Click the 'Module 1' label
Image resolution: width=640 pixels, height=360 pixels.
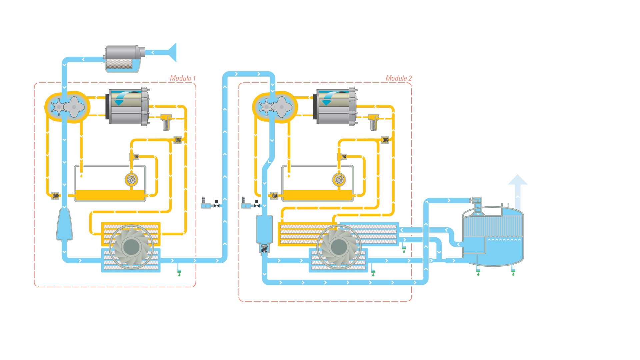(x=183, y=78)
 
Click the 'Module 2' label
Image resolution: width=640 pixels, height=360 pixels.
(x=399, y=78)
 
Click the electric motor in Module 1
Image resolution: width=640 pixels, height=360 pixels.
(x=128, y=107)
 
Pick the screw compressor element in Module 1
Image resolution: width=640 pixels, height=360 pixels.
(x=67, y=107)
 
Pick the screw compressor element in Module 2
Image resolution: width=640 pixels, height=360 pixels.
(x=275, y=107)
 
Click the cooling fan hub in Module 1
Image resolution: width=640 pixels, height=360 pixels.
(x=131, y=247)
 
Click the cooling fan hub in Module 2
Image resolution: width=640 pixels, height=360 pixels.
(x=339, y=247)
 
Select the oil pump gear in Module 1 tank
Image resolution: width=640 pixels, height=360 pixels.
(x=131, y=180)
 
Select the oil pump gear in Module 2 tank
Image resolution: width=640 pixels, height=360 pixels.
(x=339, y=180)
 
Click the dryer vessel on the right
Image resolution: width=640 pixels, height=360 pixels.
(x=493, y=237)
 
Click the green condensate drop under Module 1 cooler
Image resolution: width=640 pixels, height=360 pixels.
(x=179, y=275)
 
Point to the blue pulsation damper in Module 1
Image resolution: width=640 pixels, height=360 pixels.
(x=64, y=225)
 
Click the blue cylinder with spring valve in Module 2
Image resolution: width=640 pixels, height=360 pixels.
(x=264, y=233)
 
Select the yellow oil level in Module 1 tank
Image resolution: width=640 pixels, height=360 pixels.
(x=110, y=195)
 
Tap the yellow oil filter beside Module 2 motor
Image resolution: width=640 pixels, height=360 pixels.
(x=373, y=122)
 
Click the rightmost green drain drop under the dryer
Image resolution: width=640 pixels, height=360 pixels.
(x=513, y=274)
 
